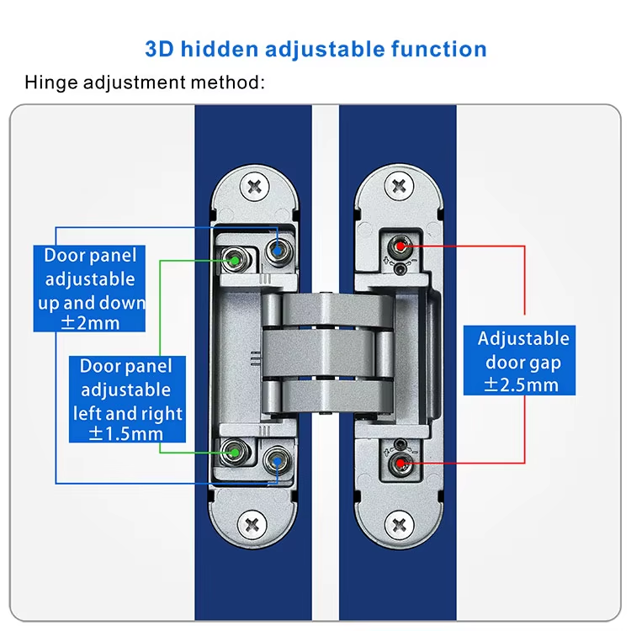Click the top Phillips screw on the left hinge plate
[x=254, y=187]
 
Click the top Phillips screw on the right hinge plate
[x=399, y=186]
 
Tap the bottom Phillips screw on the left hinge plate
[x=252, y=524]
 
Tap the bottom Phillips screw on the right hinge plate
[x=399, y=525]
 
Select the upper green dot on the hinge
[x=235, y=261]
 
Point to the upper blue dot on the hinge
[x=278, y=251]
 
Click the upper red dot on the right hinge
[x=400, y=246]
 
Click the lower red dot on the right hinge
[x=400, y=464]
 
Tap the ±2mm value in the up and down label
[x=90, y=323]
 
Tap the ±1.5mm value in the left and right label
[x=126, y=433]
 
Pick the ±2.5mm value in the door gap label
[x=521, y=384]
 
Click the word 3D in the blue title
[x=159, y=49]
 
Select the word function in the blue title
[x=439, y=49]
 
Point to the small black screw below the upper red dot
[x=400, y=269]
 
